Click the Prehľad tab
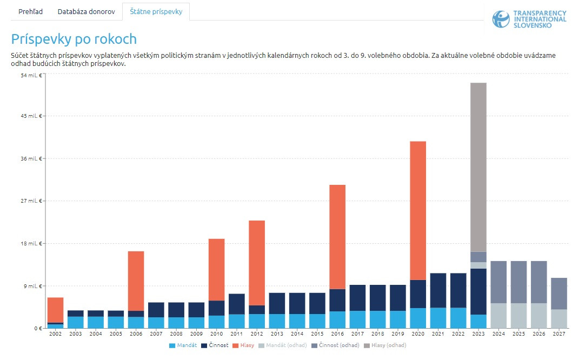(30, 11)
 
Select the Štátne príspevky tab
(156, 11)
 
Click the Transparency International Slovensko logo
(529, 19)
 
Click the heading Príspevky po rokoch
(74, 39)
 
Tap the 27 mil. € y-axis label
(31, 201)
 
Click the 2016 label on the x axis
(337, 335)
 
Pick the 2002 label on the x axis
(55, 335)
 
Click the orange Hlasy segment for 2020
(418, 210)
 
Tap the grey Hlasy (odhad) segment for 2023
(478, 167)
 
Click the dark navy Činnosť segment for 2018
(378, 298)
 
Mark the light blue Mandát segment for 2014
(297, 321)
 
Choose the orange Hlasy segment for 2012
(257, 263)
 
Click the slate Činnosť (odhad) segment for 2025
(519, 282)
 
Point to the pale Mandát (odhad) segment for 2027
(559, 319)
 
